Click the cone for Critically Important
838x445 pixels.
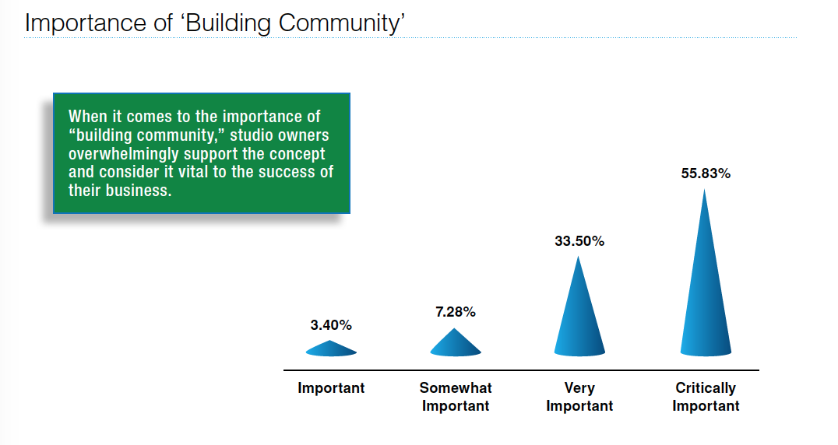pos(706,288)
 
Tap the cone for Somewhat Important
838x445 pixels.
pos(456,344)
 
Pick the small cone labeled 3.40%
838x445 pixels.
pos(331,349)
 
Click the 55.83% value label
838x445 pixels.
pos(706,173)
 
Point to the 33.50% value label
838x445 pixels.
pos(579,241)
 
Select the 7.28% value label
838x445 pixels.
pos(456,312)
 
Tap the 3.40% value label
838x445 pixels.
pos(331,325)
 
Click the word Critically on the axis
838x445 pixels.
pos(706,388)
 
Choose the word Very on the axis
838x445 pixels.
pos(579,388)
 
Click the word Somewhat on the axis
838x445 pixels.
pos(456,388)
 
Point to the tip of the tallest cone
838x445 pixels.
pos(705,189)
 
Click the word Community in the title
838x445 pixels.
pos(339,23)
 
